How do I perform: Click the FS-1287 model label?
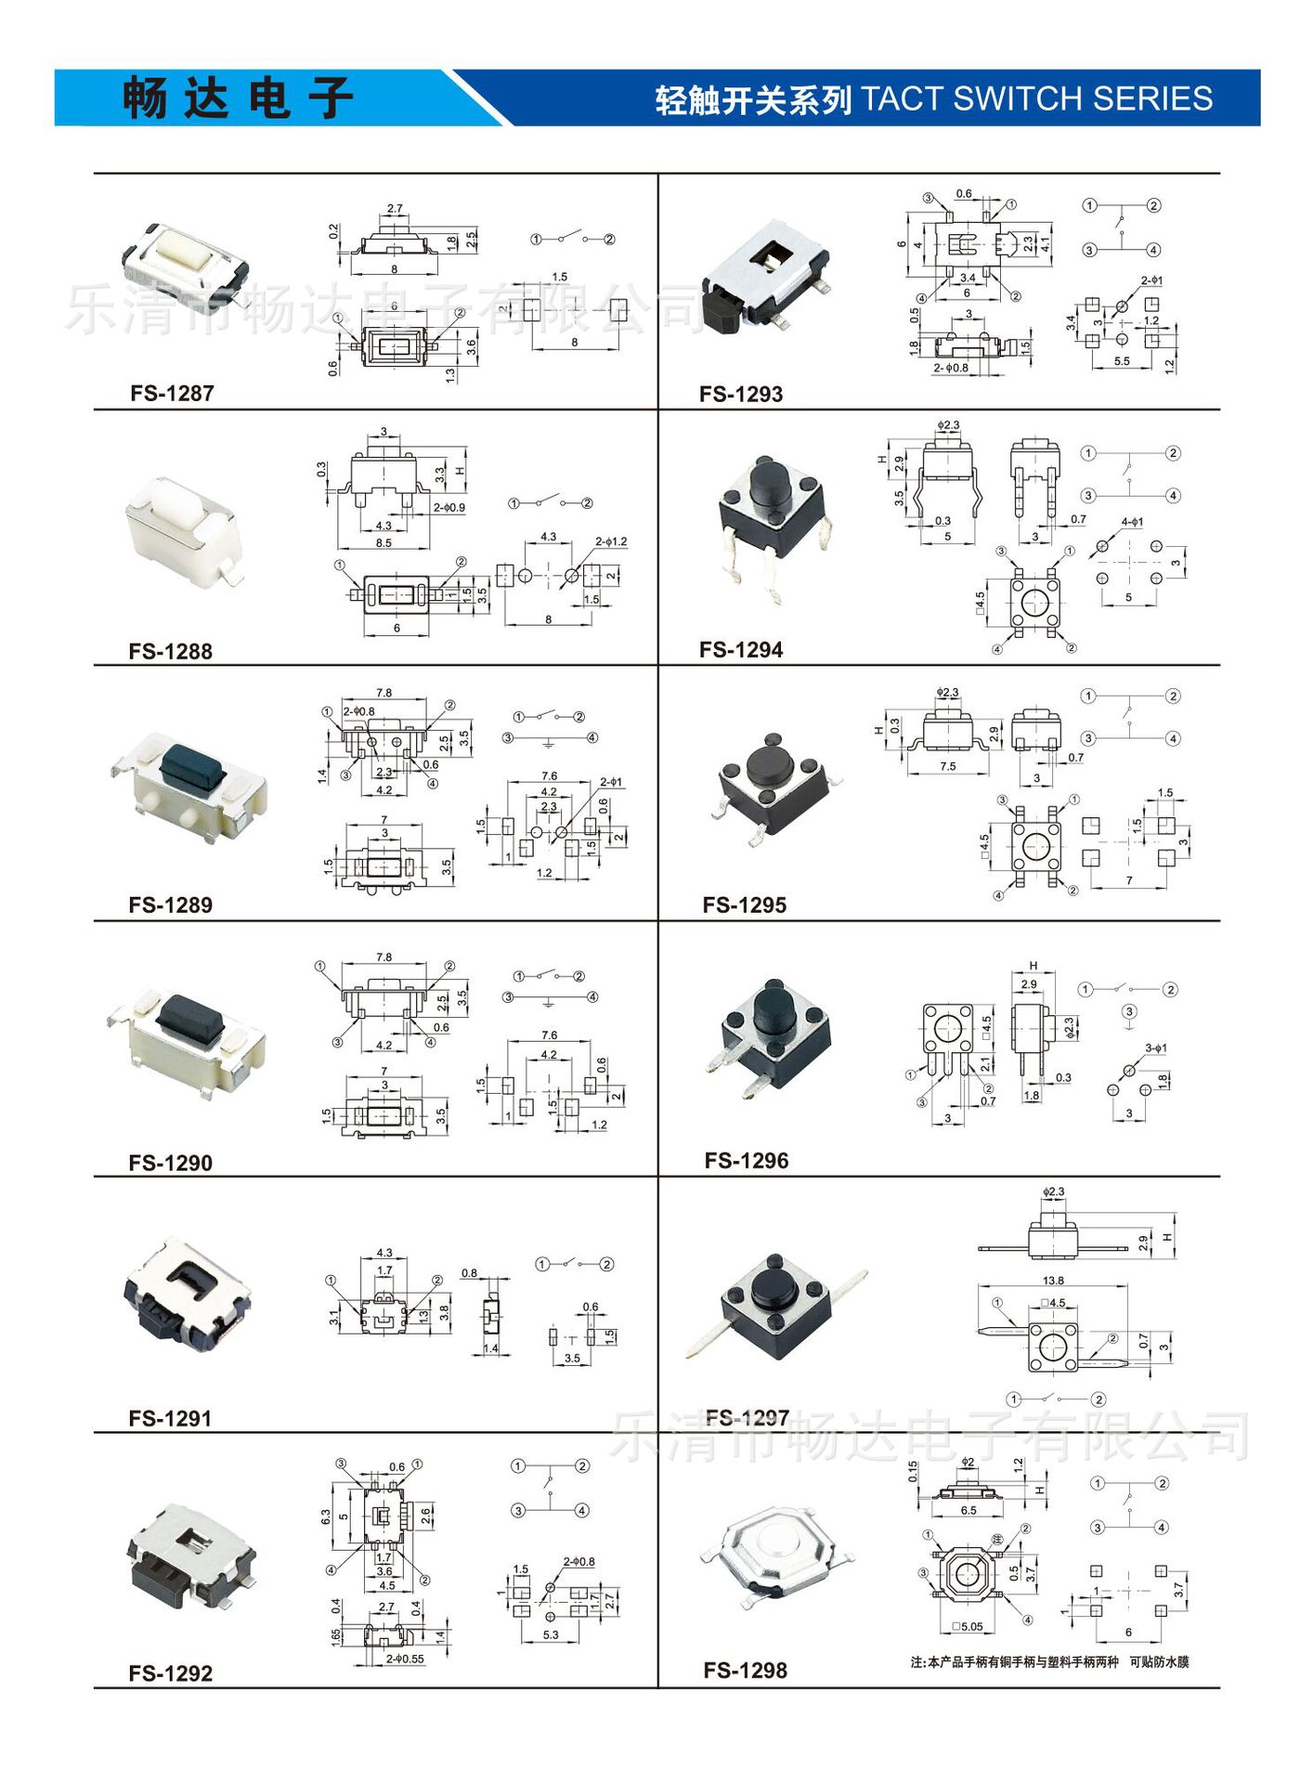pyautogui.click(x=172, y=394)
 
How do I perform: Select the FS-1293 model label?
pyautogui.click(x=741, y=395)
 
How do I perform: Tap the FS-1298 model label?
pyautogui.click(x=745, y=1671)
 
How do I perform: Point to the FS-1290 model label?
pyautogui.click(x=171, y=1163)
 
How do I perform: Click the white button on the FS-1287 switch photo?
pyautogui.click(x=183, y=248)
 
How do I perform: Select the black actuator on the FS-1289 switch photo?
pyautogui.click(x=193, y=764)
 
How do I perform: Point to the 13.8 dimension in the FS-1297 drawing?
pyautogui.click(x=1053, y=1281)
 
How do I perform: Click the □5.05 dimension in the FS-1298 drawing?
pyautogui.click(x=968, y=1626)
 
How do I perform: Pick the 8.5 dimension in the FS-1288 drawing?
pyautogui.click(x=383, y=543)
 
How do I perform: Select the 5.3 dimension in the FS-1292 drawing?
pyautogui.click(x=551, y=1634)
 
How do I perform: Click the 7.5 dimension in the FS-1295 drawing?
pyautogui.click(x=947, y=766)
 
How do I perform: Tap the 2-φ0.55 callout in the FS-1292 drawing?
pyautogui.click(x=406, y=1659)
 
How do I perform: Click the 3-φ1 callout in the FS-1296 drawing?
pyautogui.click(x=1155, y=1048)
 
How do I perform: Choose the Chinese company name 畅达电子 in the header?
pyautogui.click(x=238, y=98)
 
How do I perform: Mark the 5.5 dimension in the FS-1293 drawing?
pyautogui.click(x=1122, y=361)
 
